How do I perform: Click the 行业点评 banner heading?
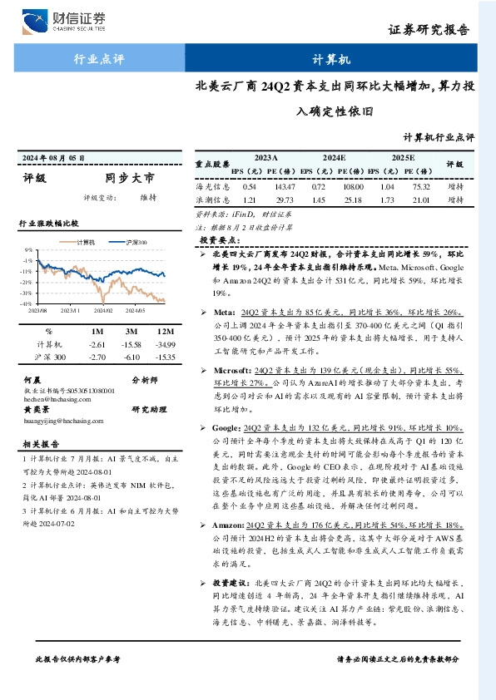pyautogui.click(x=99, y=60)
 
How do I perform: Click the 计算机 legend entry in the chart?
pyautogui.click(x=85, y=242)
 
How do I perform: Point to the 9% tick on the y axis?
pyautogui.click(x=29, y=249)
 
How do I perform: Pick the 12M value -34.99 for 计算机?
pyautogui.click(x=165, y=343)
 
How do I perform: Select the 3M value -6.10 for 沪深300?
pyautogui.click(x=129, y=356)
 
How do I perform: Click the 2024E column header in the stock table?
pyautogui.click(x=334, y=157)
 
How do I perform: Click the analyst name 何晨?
pyautogui.click(x=32, y=379)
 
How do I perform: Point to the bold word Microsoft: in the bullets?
pyautogui.click(x=229, y=368)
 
